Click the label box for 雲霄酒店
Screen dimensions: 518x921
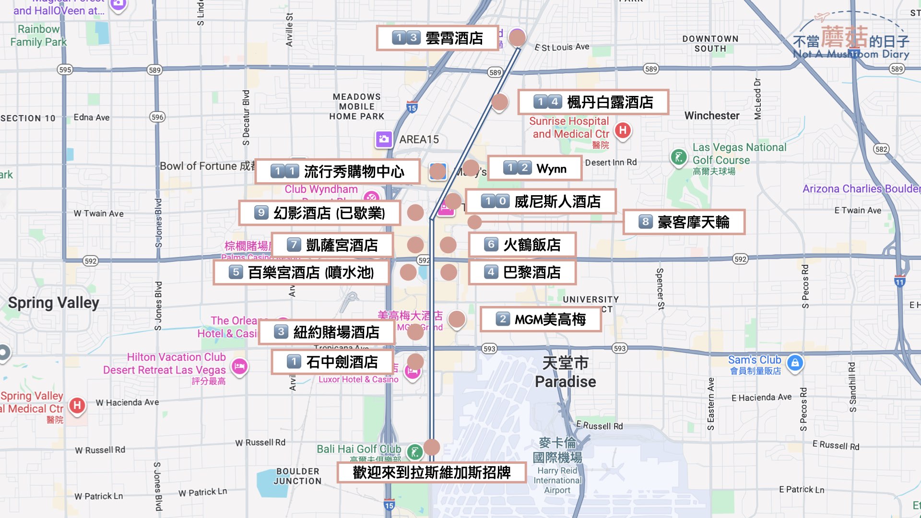(x=437, y=38)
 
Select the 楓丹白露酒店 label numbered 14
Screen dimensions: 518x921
(x=593, y=102)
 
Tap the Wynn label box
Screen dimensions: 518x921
(x=535, y=168)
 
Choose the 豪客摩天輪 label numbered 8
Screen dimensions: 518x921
(x=684, y=222)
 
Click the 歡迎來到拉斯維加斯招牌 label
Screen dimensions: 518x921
(x=431, y=472)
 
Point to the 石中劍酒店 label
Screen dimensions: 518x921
(x=332, y=362)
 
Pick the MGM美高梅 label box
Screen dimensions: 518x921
(x=541, y=319)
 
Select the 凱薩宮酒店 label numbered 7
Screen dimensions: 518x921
(x=332, y=245)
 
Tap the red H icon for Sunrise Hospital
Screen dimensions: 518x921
(x=623, y=129)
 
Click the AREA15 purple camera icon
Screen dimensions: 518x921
(x=384, y=139)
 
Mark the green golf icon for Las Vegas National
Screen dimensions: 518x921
(x=679, y=156)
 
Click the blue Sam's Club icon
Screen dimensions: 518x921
(x=795, y=363)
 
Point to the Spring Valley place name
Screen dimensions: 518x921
(x=54, y=303)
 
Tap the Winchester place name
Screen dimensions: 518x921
(x=712, y=116)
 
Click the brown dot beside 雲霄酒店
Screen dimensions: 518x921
(x=517, y=37)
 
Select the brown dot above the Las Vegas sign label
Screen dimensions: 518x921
(x=432, y=447)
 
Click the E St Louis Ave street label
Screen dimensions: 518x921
(x=562, y=47)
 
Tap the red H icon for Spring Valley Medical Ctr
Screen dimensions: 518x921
(x=77, y=405)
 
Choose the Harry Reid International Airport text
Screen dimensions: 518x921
(x=557, y=480)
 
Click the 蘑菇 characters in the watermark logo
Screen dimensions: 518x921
(x=844, y=36)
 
